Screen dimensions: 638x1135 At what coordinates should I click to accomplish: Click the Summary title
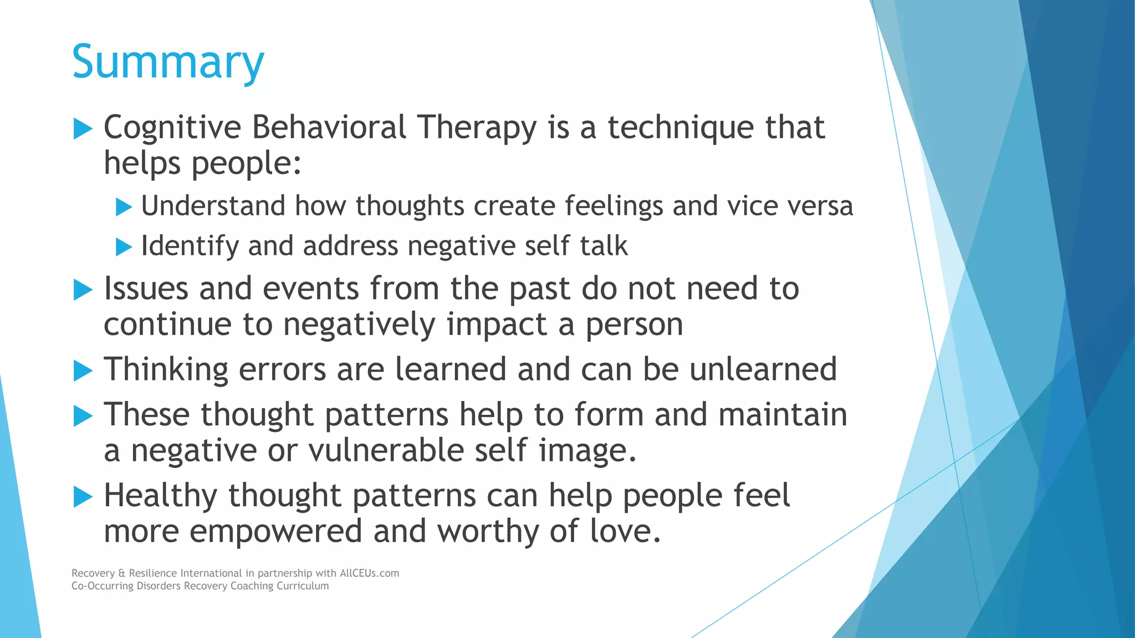168,62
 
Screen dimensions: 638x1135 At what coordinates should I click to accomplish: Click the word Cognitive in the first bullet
172,128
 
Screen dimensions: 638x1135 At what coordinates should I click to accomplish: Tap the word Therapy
477,128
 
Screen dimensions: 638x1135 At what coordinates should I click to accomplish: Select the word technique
681,128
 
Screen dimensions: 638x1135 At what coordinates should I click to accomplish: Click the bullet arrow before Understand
124,207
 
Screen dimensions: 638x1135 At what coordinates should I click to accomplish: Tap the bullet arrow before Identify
124,247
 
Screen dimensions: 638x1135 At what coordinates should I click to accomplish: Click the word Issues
146,289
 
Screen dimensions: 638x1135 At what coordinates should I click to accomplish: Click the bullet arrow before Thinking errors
83,371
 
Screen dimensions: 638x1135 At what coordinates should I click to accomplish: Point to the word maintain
783,415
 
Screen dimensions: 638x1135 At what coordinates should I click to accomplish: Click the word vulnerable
386,450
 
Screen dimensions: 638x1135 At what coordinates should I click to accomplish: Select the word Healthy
160,495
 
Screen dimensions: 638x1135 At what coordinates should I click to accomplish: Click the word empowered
275,531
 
